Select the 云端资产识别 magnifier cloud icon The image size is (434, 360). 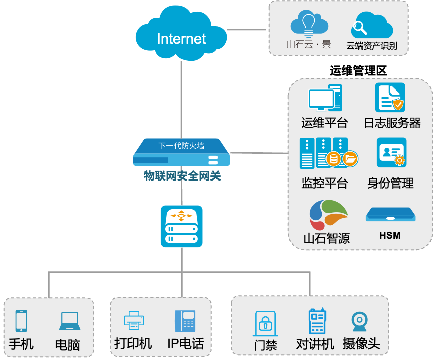(371, 25)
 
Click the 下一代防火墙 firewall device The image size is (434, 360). (181, 152)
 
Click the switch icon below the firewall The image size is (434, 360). (181, 226)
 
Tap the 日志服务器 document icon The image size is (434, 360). (390, 98)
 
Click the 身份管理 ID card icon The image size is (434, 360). (391, 152)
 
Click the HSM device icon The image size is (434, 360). (390, 214)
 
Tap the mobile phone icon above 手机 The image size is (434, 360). (21, 321)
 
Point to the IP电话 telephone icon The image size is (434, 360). (185, 321)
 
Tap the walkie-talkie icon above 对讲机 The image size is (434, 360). (316, 321)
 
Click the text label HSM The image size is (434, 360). (390, 235)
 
